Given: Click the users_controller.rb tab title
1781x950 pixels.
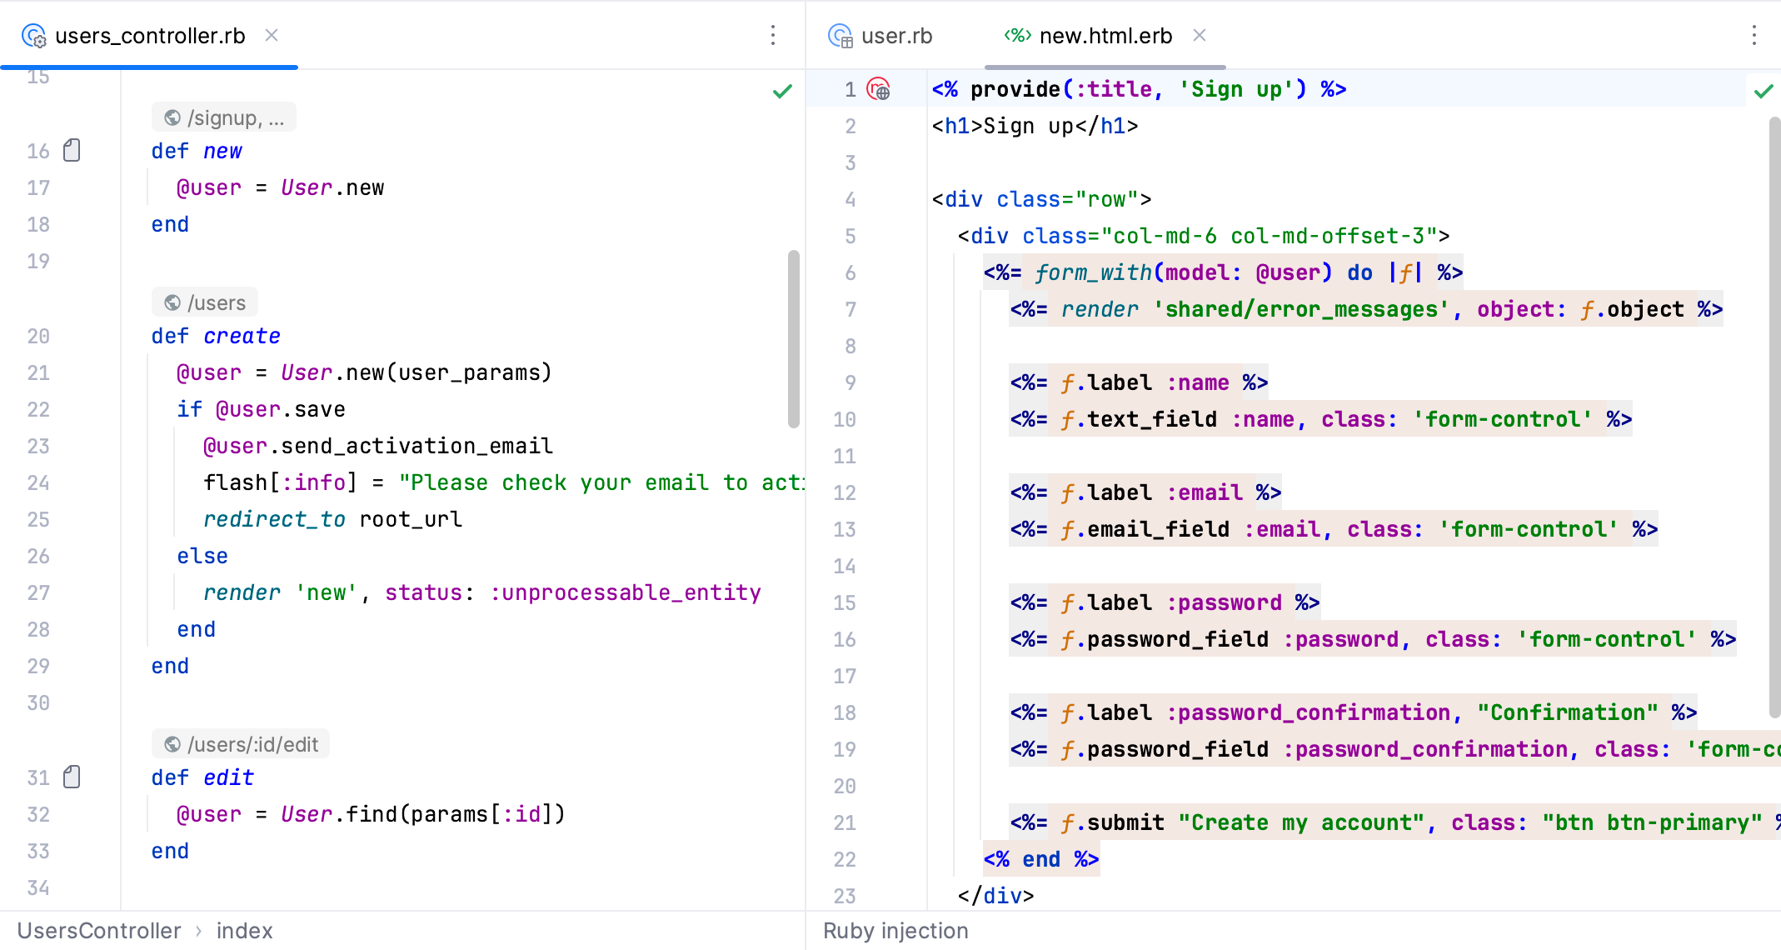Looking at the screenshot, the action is pyautogui.click(x=150, y=36).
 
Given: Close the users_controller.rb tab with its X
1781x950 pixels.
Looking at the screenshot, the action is pyautogui.click(x=272, y=35).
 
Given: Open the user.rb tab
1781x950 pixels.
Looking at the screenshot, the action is pyautogui.click(x=896, y=36).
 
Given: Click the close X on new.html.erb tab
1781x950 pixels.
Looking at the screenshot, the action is pyautogui.click(x=1200, y=35).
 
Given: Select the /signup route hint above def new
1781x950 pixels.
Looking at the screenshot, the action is pyautogui.click(x=224, y=117).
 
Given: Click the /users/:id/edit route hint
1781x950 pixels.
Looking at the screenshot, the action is pyautogui.click(x=241, y=744).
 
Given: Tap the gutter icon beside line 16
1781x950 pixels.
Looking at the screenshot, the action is pyautogui.click(x=72, y=150).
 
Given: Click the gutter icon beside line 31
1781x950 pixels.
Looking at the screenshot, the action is pyautogui.click(x=72, y=777).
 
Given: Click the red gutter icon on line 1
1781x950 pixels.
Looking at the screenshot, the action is pyautogui.click(x=879, y=88).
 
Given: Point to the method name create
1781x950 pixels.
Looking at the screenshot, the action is pyautogui.click(x=242, y=336).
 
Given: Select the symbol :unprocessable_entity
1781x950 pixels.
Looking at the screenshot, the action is pyautogui.click(x=626, y=592).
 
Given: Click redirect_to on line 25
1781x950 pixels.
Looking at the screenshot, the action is pyautogui.click(x=274, y=519).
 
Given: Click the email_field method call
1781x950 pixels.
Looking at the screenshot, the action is pyautogui.click(x=1159, y=529).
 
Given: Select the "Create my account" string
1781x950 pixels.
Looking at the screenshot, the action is pyautogui.click(x=1302, y=822).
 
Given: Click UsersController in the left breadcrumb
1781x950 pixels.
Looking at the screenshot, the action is pyautogui.click(x=99, y=931).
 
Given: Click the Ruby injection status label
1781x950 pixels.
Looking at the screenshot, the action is pyautogui.click(x=895, y=931).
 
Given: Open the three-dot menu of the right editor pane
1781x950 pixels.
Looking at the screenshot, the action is pyautogui.click(x=1754, y=35).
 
